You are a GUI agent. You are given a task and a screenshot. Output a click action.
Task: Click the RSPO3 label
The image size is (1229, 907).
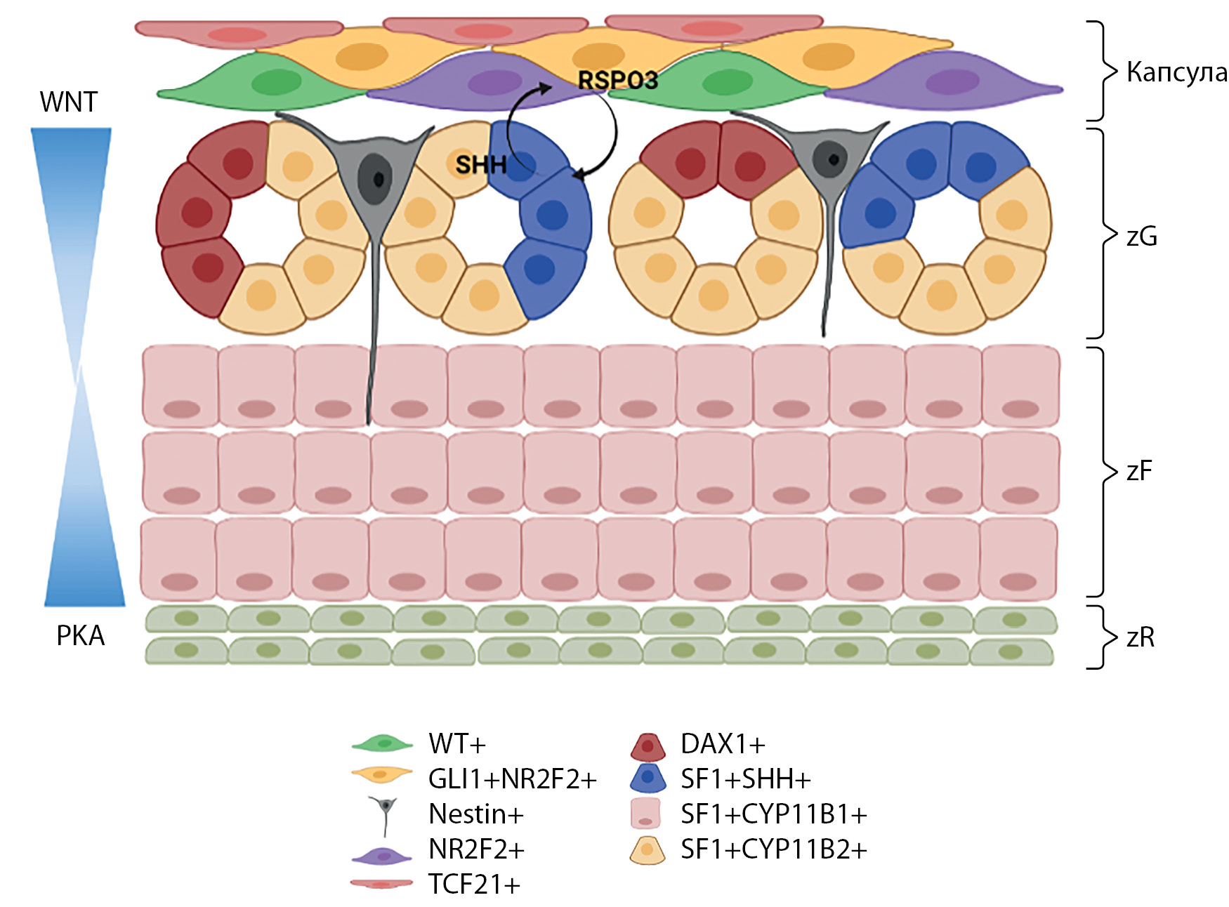[617, 80]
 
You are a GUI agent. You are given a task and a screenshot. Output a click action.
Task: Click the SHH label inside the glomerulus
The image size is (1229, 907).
[480, 165]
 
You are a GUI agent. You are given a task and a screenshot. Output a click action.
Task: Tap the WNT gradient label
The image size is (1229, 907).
[68, 102]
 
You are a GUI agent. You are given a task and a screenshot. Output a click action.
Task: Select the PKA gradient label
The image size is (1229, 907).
[80, 636]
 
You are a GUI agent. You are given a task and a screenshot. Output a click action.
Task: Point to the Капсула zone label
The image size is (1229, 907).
[1176, 72]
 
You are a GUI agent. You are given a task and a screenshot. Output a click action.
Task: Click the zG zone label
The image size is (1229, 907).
[1141, 237]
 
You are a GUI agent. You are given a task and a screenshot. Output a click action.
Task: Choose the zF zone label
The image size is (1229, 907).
[1138, 471]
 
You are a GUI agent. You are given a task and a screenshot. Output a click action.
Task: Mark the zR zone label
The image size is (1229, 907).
[1140, 637]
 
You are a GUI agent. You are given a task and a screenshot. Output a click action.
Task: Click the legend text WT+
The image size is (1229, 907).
[457, 743]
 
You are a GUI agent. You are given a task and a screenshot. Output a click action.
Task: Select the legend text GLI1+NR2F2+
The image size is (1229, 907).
[513, 779]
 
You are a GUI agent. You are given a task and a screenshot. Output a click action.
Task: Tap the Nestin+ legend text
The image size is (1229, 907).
[476, 814]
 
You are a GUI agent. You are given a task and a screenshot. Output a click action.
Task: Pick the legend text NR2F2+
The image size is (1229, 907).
[476, 849]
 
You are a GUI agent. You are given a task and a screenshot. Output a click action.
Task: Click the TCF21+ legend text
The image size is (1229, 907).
[474, 885]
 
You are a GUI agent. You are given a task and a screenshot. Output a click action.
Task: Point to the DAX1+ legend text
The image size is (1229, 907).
[723, 743]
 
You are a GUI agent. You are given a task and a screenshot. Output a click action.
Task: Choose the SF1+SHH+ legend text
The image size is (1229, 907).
[746, 779]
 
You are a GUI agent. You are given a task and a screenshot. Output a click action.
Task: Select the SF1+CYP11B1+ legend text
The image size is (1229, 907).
[774, 814]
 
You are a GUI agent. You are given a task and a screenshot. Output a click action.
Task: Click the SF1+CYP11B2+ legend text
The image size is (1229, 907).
[774, 849]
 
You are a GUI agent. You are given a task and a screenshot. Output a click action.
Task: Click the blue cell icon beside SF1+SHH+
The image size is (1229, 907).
[648, 779]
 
